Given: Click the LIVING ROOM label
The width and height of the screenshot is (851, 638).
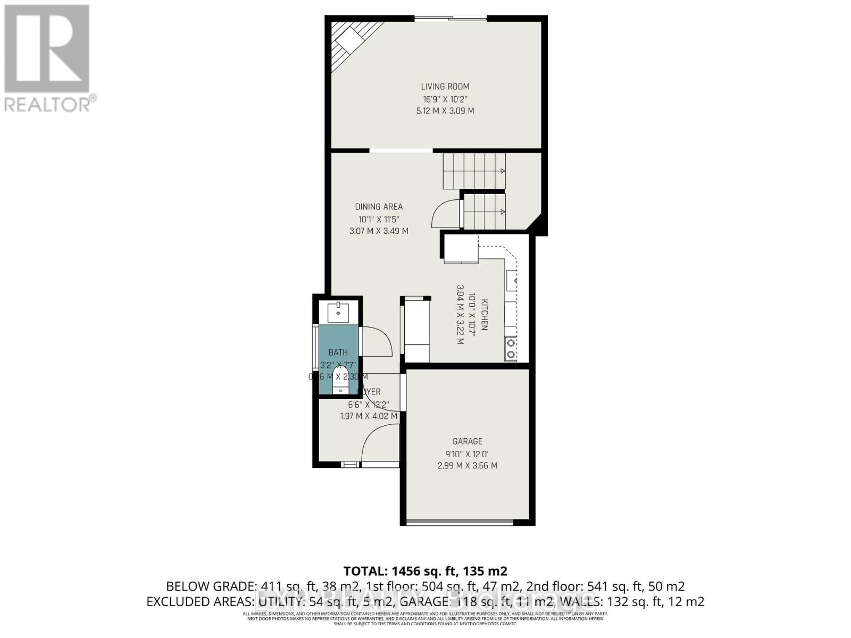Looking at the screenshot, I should pos(445,87).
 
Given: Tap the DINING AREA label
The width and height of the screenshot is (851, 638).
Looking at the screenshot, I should pos(379,207).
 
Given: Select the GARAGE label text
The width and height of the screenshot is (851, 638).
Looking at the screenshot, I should pos(467,441).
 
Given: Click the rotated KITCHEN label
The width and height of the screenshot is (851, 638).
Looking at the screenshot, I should pos(484,315).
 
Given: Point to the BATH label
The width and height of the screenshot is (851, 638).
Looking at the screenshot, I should pos(338,352).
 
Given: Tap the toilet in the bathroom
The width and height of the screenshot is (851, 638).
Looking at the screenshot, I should pos(339,383).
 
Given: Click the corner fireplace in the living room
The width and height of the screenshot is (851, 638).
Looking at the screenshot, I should pos(348,41).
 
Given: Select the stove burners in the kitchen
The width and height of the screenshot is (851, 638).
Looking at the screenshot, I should pos(511,349).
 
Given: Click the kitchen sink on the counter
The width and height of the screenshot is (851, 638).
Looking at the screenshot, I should pos(511,281).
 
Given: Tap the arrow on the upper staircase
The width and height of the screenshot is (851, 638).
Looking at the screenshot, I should pos(502,171).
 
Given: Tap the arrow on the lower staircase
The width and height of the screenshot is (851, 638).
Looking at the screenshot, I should pos(502,212).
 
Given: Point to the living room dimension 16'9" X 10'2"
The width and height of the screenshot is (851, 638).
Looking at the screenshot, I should pos(445,99).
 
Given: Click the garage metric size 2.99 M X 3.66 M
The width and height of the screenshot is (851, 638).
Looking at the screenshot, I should pos(467,466).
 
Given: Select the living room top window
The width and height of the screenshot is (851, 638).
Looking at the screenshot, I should pos(450,20).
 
